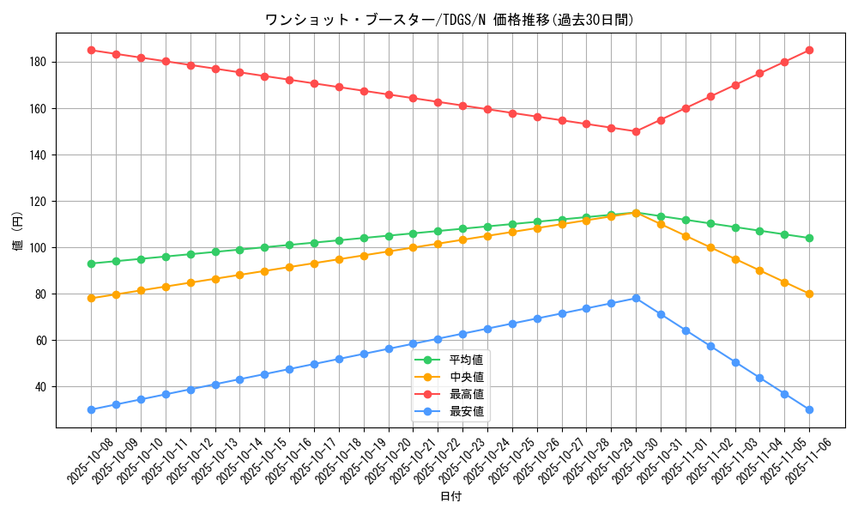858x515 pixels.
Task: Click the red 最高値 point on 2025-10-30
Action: [x=636, y=131]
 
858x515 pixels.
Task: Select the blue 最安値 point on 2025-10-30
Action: [x=636, y=298]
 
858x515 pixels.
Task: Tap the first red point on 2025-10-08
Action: [x=91, y=50]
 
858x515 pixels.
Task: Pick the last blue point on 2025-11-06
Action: [x=809, y=409]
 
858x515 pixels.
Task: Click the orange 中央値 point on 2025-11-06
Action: [x=809, y=294]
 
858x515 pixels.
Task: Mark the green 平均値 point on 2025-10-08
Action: [x=91, y=264]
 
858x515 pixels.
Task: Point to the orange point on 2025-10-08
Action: [x=91, y=299]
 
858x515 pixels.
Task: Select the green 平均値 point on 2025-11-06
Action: [x=809, y=238]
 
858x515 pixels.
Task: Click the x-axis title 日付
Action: [x=450, y=496]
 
